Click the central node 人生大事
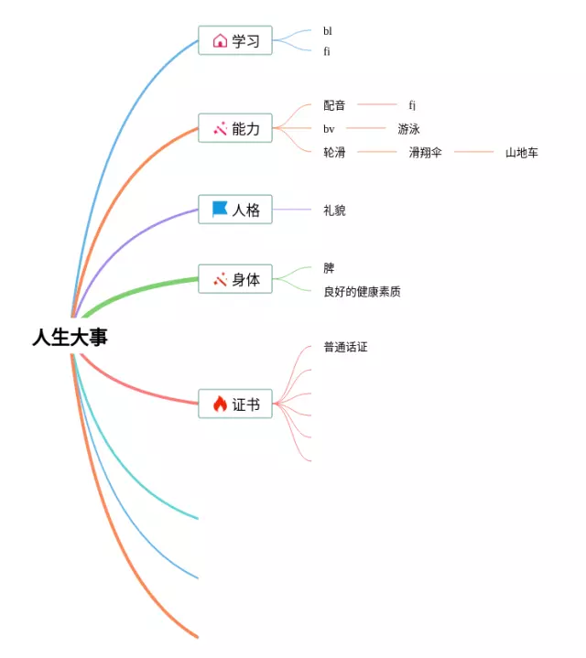70,338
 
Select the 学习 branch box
235,40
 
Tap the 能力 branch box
235,129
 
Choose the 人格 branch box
235,210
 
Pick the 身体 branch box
235,280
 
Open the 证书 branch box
235,404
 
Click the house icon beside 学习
220,40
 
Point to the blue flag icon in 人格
220,210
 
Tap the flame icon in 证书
220,404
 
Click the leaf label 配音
334,105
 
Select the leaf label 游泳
408,129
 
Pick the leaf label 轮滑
334,152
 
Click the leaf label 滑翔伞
425,152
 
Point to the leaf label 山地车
522,152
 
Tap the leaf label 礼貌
334,210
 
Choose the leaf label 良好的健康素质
362,292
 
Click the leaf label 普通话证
345,348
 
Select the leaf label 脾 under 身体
329,268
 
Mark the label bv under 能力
329,129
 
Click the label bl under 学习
328,31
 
